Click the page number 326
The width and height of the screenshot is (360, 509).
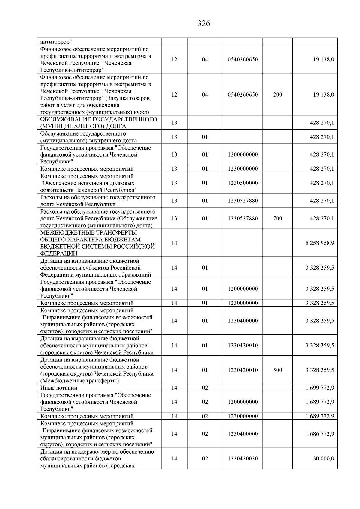204,24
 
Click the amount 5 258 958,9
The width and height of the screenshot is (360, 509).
320,243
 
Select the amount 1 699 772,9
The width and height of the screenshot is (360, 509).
320,388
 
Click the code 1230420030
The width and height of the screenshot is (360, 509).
243,459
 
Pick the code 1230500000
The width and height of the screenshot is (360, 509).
243,183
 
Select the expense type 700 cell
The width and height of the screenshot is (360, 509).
278,218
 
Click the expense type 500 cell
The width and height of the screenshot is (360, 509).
278,370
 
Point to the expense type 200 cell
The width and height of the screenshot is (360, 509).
278,95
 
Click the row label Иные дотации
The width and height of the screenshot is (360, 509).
59,388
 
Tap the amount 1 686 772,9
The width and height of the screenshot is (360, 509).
320,434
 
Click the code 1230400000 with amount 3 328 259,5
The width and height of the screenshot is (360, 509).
243,321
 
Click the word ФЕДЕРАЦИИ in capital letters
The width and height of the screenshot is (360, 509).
59,253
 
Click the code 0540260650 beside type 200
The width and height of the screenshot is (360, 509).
243,95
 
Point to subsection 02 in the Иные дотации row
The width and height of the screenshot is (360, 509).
205,388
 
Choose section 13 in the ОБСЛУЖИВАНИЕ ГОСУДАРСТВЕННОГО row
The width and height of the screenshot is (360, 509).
174,123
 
